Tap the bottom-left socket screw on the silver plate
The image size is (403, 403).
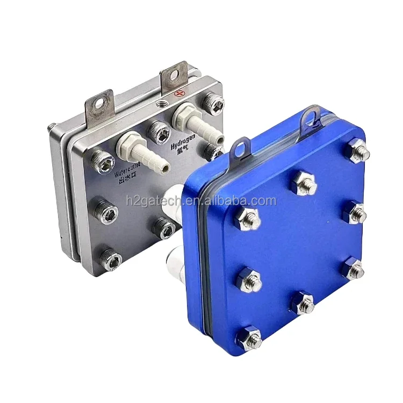[111, 260]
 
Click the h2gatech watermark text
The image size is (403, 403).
[201, 201]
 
